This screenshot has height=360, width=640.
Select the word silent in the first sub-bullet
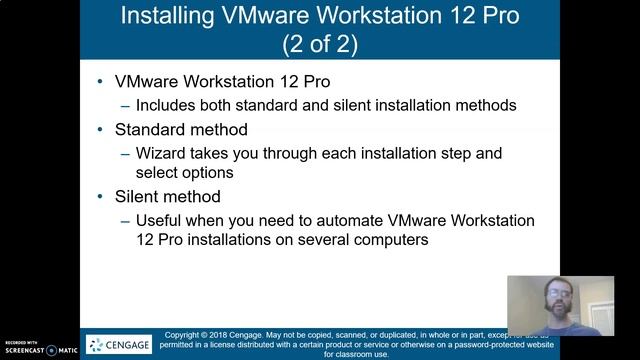(352, 105)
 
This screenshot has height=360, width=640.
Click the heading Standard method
(181, 130)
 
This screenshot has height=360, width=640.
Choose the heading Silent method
(167, 196)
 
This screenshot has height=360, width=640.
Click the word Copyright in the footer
(184, 335)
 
